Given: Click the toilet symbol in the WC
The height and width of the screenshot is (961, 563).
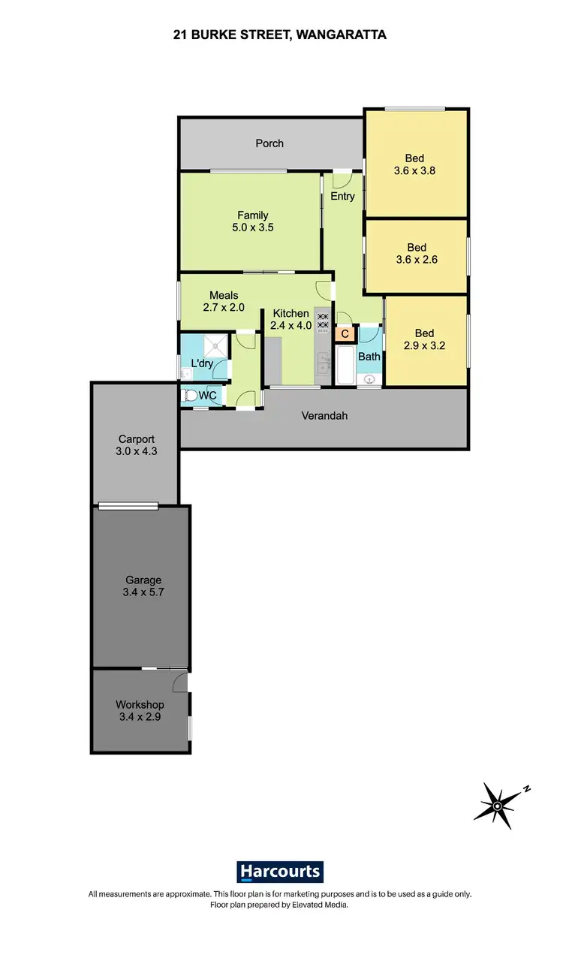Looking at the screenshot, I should (190, 395).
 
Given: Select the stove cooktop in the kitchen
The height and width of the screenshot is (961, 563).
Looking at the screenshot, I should (324, 321).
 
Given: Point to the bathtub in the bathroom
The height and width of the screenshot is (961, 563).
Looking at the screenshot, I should (345, 366).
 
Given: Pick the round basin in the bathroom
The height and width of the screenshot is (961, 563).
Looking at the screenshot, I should (369, 379).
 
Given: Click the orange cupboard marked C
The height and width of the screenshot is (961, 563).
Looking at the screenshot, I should (345, 333).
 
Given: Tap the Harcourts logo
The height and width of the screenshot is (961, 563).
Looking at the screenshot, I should (281, 872).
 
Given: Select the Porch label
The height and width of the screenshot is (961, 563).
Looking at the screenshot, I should (269, 143).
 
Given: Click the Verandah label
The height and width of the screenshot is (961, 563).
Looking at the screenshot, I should (324, 415).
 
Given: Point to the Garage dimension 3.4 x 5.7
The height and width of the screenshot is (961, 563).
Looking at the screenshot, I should (143, 592).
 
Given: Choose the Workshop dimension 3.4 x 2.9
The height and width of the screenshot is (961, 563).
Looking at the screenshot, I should (140, 717).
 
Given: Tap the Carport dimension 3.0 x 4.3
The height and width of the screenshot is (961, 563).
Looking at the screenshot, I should (137, 452).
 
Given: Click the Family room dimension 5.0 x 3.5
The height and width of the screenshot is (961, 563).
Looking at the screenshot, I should (253, 227).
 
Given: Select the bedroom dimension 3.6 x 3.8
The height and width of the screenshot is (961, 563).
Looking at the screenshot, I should (414, 170).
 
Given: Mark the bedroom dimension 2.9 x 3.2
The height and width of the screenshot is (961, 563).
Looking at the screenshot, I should (424, 346).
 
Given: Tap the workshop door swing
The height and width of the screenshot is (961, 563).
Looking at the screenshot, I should (180, 682).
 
